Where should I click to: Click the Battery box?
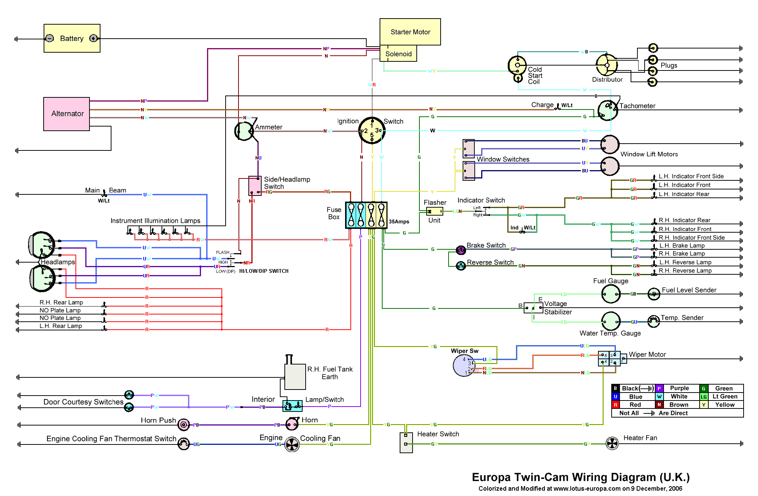click(x=72, y=38)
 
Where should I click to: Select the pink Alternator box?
click(x=67, y=114)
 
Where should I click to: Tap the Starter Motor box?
click(x=410, y=32)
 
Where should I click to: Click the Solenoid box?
click(x=398, y=54)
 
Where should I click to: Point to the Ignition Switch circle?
click(x=372, y=131)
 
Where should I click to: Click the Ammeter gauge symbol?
click(x=244, y=131)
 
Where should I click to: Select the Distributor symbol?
click(x=606, y=65)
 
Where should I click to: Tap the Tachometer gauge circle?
click(x=607, y=110)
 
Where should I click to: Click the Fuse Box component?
click(x=366, y=215)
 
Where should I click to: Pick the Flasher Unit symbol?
click(x=434, y=211)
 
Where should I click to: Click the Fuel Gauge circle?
click(x=610, y=294)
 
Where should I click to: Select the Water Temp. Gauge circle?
click(x=610, y=321)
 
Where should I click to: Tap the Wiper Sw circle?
click(x=463, y=366)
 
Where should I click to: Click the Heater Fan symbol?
click(x=612, y=443)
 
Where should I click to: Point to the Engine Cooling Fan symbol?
click(x=292, y=444)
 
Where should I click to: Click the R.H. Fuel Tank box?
click(x=295, y=377)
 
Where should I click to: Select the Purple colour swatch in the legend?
click(x=659, y=388)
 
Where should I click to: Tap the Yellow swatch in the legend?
click(x=704, y=405)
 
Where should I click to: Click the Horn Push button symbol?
click(x=184, y=425)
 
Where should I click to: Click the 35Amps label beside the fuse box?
click(x=399, y=222)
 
